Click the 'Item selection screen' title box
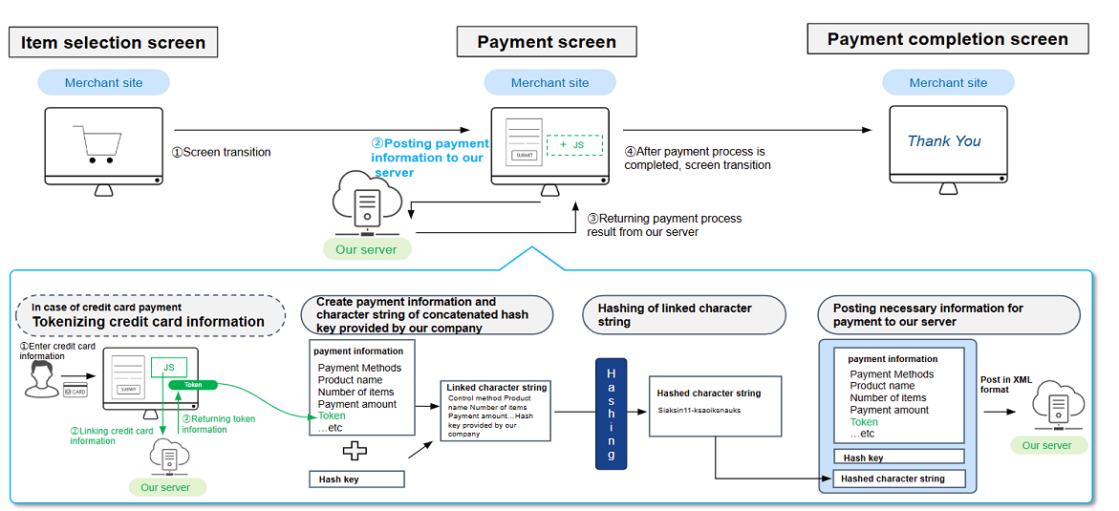click(x=113, y=42)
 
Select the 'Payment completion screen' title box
click(x=947, y=39)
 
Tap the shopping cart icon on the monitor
click(x=100, y=144)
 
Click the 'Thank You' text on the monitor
click(x=944, y=141)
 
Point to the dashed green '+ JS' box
click(x=574, y=145)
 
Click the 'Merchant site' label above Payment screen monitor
click(x=549, y=83)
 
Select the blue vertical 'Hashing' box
click(x=612, y=413)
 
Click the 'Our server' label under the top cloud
click(x=366, y=250)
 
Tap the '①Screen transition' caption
click(x=221, y=152)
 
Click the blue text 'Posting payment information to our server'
click(x=429, y=158)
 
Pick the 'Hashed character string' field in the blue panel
click(x=897, y=479)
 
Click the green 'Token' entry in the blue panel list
click(x=863, y=421)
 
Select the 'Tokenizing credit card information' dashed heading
click(x=148, y=315)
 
